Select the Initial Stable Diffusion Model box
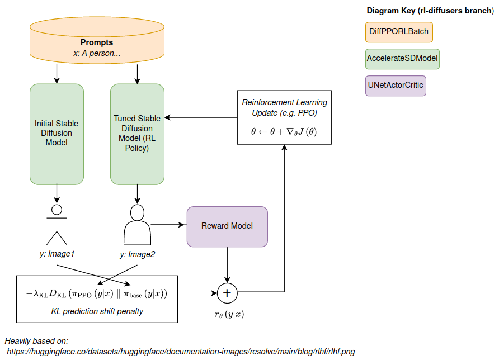point(57,134)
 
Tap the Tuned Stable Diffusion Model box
point(137,134)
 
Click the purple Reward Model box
point(227,226)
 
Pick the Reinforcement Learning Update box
point(284,118)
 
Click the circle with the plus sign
point(227,292)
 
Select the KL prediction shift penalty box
point(97,299)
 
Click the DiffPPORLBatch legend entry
point(399,31)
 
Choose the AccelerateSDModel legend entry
point(402,58)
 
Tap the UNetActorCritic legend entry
point(396,86)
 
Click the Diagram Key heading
point(430,11)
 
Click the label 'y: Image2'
point(137,254)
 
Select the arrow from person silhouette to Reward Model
point(168,225)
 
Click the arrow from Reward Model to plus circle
point(227,263)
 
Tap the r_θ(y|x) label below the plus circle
point(228,314)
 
